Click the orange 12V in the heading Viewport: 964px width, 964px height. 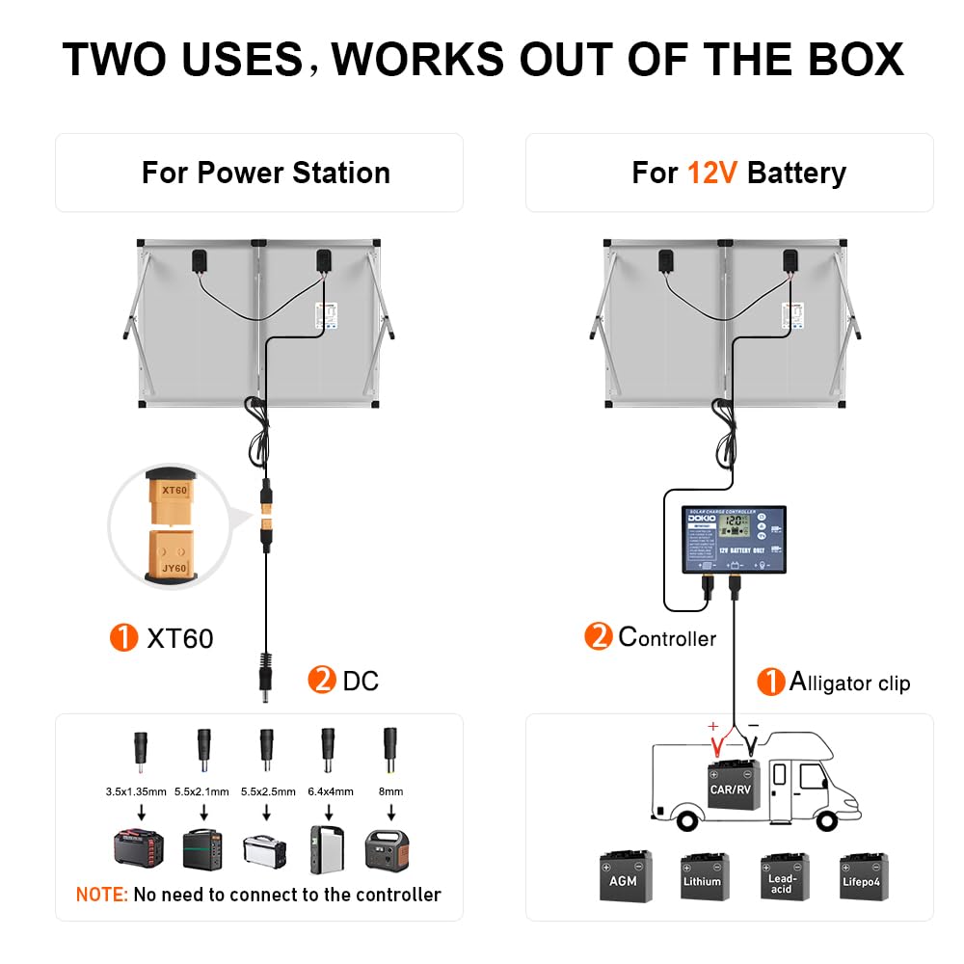tap(712, 174)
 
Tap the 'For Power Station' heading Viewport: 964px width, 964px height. tap(266, 174)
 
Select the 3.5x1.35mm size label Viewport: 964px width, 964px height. tap(137, 791)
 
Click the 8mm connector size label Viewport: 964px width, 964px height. tap(390, 791)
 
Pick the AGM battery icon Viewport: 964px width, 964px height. tap(625, 876)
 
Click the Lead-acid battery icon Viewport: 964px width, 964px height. tap(783, 876)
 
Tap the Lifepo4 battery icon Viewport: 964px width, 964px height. tap(863, 876)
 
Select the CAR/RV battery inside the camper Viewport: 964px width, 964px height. tap(734, 784)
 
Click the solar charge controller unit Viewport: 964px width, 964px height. tap(735, 540)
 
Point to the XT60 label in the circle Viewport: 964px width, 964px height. tap(174, 490)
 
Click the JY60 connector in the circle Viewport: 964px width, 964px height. tap(174, 554)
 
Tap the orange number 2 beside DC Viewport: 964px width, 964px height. tap(321, 681)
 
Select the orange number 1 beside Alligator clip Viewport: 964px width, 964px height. tap(770, 682)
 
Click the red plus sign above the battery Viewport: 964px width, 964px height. tap(713, 726)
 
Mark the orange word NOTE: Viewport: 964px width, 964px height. tap(101, 895)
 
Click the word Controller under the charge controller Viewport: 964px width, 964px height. tap(667, 637)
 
